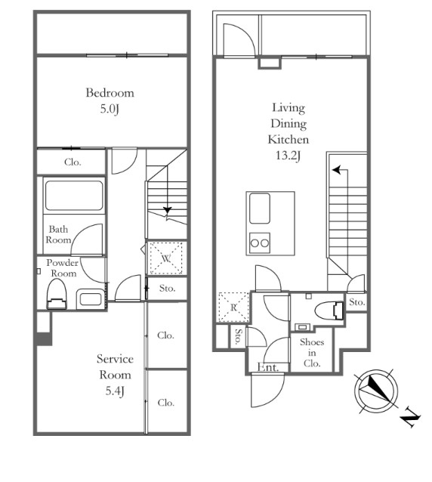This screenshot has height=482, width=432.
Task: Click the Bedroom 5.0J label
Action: click(110, 100)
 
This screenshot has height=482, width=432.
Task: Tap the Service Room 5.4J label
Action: click(115, 375)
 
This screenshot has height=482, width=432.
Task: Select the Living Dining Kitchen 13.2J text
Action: click(289, 131)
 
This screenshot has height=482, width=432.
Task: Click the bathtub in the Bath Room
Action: click(74, 196)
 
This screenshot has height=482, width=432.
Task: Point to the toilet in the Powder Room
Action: click(57, 294)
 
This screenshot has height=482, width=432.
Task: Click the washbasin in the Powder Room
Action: click(91, 299)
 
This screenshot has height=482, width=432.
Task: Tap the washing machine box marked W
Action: click(166, 258)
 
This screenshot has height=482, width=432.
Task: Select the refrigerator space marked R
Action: click(233, 307)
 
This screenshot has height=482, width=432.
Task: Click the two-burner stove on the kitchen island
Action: click(260, 243)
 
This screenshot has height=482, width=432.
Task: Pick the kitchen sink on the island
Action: click(260, 209)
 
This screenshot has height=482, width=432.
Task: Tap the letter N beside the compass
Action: click(410, 418)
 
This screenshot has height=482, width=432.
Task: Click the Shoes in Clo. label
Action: click(312, 353)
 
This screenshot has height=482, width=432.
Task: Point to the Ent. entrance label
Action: click(268, 367)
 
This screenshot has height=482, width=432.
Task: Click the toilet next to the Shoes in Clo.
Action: click(329, 311)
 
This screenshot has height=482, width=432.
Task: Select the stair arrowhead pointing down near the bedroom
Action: click(167, 210)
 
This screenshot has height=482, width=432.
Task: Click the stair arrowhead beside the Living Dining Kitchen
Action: click(337, 170)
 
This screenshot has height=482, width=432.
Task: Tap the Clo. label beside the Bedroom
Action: click(73, 162)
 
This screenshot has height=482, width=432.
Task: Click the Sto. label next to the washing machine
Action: click(168, 289)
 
